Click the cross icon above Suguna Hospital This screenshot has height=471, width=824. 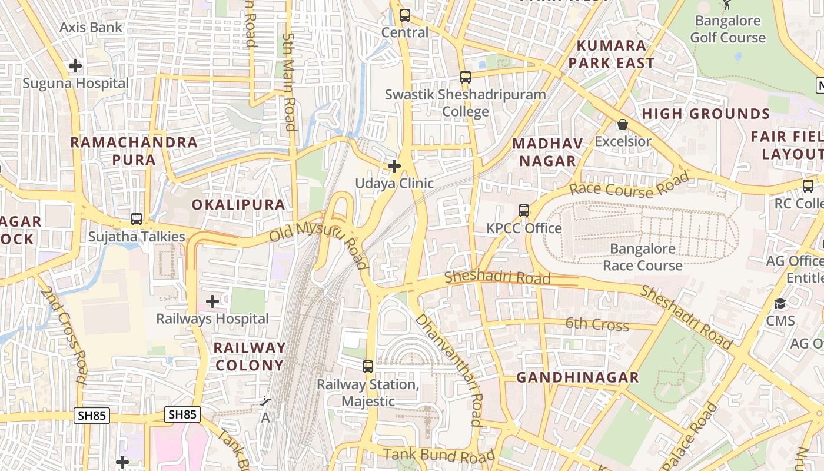coord(75,66)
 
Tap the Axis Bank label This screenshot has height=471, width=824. coord(91,27)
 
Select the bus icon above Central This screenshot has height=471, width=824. coord(404,15)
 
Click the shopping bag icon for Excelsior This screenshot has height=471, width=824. coord(622,124)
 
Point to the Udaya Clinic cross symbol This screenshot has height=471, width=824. coord(394,166)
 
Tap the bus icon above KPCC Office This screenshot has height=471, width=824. coord(523,211)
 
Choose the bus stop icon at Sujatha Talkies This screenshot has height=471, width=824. coord(137,219)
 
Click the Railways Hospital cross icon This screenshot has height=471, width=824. coord(212,302)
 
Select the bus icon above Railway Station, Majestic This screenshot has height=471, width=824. coord(368,367)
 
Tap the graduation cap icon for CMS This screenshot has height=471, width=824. coord(780,304)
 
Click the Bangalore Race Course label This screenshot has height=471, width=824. coord(643,257)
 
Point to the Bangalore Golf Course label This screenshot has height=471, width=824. coord(728,29)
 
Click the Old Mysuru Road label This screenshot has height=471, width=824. coord(318,243)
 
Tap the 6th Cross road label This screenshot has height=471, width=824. coord(597,324)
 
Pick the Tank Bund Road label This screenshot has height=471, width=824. coord(439,455)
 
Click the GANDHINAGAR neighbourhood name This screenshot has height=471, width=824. coord(577,377)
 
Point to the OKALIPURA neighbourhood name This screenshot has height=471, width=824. coord(238,205)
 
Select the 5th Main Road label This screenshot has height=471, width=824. coord(290,81)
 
